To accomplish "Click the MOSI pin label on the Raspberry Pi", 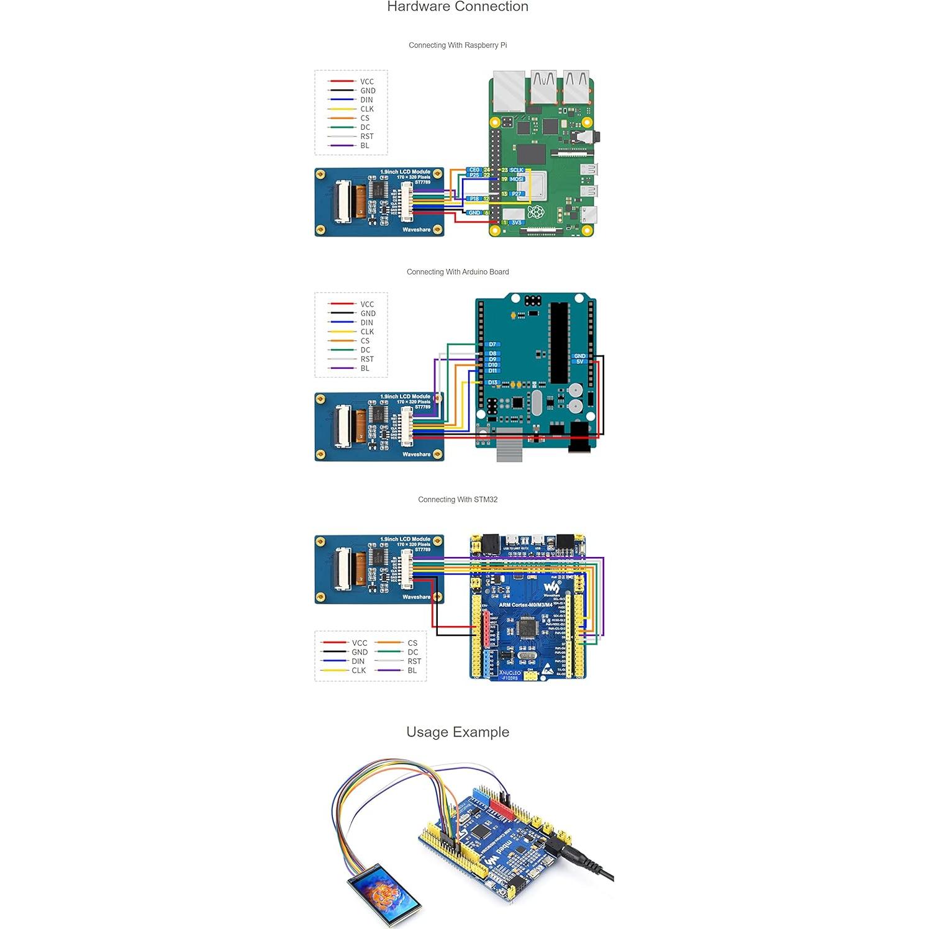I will coord(517,179).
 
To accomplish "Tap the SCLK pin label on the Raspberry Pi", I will coord(517,170).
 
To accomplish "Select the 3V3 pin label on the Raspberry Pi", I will coord(517,222).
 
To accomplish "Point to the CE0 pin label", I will coord(474,170).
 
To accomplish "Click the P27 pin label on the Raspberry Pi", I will coord(517,194).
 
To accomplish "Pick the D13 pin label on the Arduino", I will coord(492,383).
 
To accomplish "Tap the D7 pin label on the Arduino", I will coord(492,344).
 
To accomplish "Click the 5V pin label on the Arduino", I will coord(580,361).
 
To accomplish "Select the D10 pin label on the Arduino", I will coord(492,365).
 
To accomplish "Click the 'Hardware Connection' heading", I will coord(458,7).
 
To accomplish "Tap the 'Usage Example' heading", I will coord(458,732).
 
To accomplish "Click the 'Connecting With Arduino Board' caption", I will coord(458,272).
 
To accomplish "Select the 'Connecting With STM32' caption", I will coord(458,500).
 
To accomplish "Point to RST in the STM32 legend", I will coord(414,661).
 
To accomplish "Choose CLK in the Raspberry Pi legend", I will coord(367,109).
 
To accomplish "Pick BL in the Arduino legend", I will coord(365,368).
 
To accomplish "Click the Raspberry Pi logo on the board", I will coord(535,212).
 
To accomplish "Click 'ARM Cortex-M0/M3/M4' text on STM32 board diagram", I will coord(525,605).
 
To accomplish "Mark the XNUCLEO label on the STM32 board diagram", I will coord(510,673).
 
